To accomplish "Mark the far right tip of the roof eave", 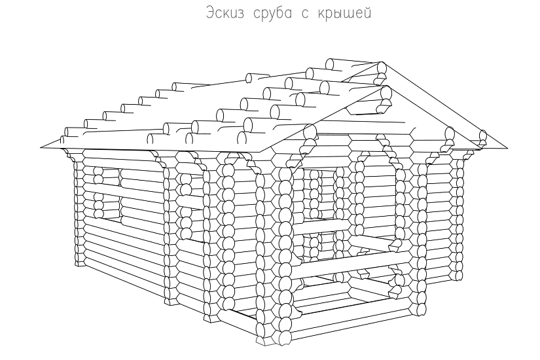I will (x=509, y=147).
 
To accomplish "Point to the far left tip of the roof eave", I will (x=41, y=147).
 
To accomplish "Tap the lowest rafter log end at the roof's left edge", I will (x=64, y=139).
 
